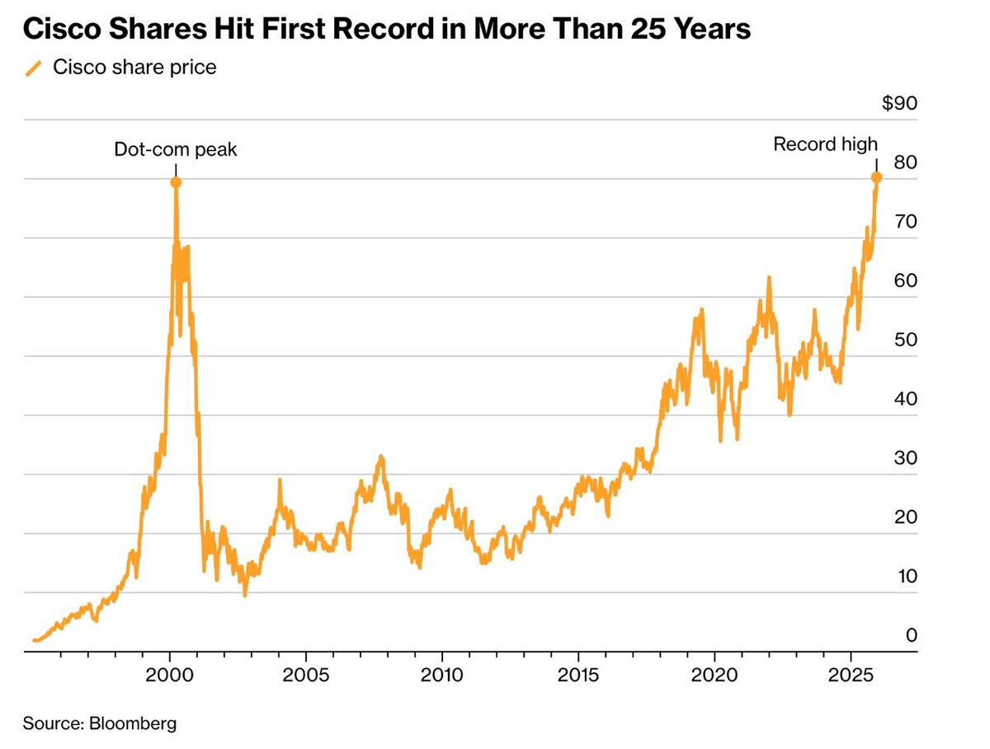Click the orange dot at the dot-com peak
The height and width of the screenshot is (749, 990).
pyautogui.click(x=176, y=182)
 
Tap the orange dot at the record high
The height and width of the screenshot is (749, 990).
pyautogui.click(x=876, y=177)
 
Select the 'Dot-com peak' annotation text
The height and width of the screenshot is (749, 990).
pyautogui.click(x=175, y=149)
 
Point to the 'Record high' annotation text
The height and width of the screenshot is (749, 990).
pyautogui.click(x=825, y=144)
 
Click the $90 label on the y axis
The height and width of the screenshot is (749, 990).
pyautogui.click(x=899, y=104)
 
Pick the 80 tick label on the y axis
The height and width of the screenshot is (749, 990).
pyautogui.click(x=905, y=163)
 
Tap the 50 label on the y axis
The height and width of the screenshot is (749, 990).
pyautogui.click(x=905, y=340)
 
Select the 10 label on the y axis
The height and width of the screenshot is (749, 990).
pyautogui.click(x=905, y=576)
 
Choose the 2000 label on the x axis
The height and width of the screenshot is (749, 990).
pyautogui.click(x=170, y=673)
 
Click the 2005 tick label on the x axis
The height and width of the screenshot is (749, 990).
pyautogui.click(x=306, y=673)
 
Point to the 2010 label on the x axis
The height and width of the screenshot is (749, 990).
pyautogui.click(x=442, y=673)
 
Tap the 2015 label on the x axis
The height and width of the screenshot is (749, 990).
pyautogui.click(x=578, y=673)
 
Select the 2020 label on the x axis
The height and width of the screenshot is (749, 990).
pyautogui.click(x=714, y=673)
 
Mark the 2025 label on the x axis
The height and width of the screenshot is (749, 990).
pyautogui.click(x=851, y=673)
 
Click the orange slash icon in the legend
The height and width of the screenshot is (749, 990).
pyautogui.click(x=34, y=68)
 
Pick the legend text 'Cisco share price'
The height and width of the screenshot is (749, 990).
pyautogui.click(x=134, y=68)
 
